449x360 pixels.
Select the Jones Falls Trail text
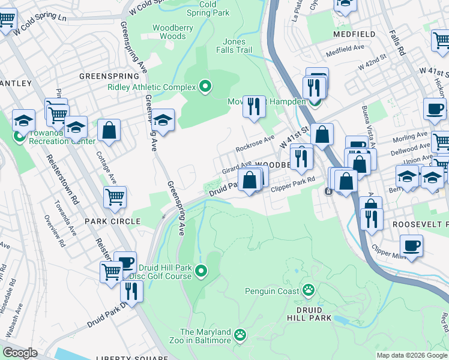click(x=234, y=46)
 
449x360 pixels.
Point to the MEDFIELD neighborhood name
click(x=354, y=34)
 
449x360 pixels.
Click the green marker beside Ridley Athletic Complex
click(x=205, y=87)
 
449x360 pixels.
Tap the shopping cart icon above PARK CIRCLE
click(x=115, y=196)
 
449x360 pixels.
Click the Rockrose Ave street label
click(x=255, y=143)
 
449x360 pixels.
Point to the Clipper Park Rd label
click(x=293, y=188)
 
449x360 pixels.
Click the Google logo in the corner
click(x=20, y=353)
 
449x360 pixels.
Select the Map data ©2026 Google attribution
click(x=411, y=355)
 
